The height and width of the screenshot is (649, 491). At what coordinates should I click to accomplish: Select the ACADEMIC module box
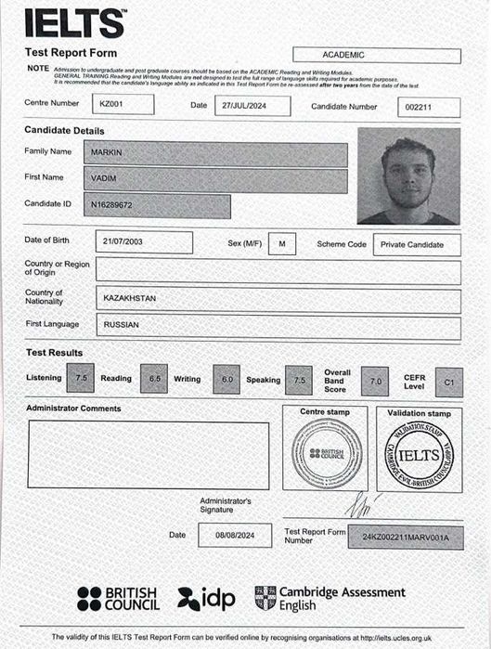(377, 56)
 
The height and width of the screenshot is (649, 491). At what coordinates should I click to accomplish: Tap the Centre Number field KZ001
(123, 105)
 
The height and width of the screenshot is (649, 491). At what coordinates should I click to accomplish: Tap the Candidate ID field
(158, 205)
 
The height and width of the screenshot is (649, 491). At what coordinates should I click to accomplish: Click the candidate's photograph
(407, 176)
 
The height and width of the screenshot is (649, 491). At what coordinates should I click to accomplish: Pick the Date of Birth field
(144, 242)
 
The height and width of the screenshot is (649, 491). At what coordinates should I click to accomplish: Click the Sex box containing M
(281, 243)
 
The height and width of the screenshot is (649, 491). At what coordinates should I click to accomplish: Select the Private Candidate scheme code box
(416, 245)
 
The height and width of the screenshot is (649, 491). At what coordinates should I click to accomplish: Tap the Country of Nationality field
(278, 300)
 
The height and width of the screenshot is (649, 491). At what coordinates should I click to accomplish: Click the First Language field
(278, 327)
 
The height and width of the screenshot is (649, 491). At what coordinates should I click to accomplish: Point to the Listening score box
(81, 379)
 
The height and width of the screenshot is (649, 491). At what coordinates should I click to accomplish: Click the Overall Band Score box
(375, 381)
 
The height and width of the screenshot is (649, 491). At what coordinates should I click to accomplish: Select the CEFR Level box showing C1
(448, 381)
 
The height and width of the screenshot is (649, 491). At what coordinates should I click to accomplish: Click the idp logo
(205, 599)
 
